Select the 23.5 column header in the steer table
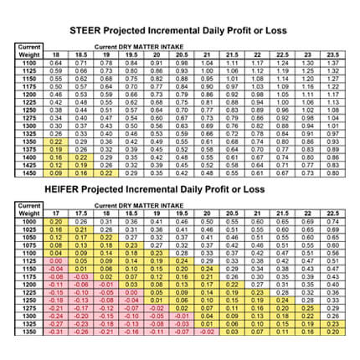point(332,54)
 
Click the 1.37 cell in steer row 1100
point(332,62)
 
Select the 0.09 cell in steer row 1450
point(56,172)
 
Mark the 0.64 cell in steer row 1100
point(56,62)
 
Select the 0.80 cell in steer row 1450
point(332,172)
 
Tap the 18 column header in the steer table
point(56,54)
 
